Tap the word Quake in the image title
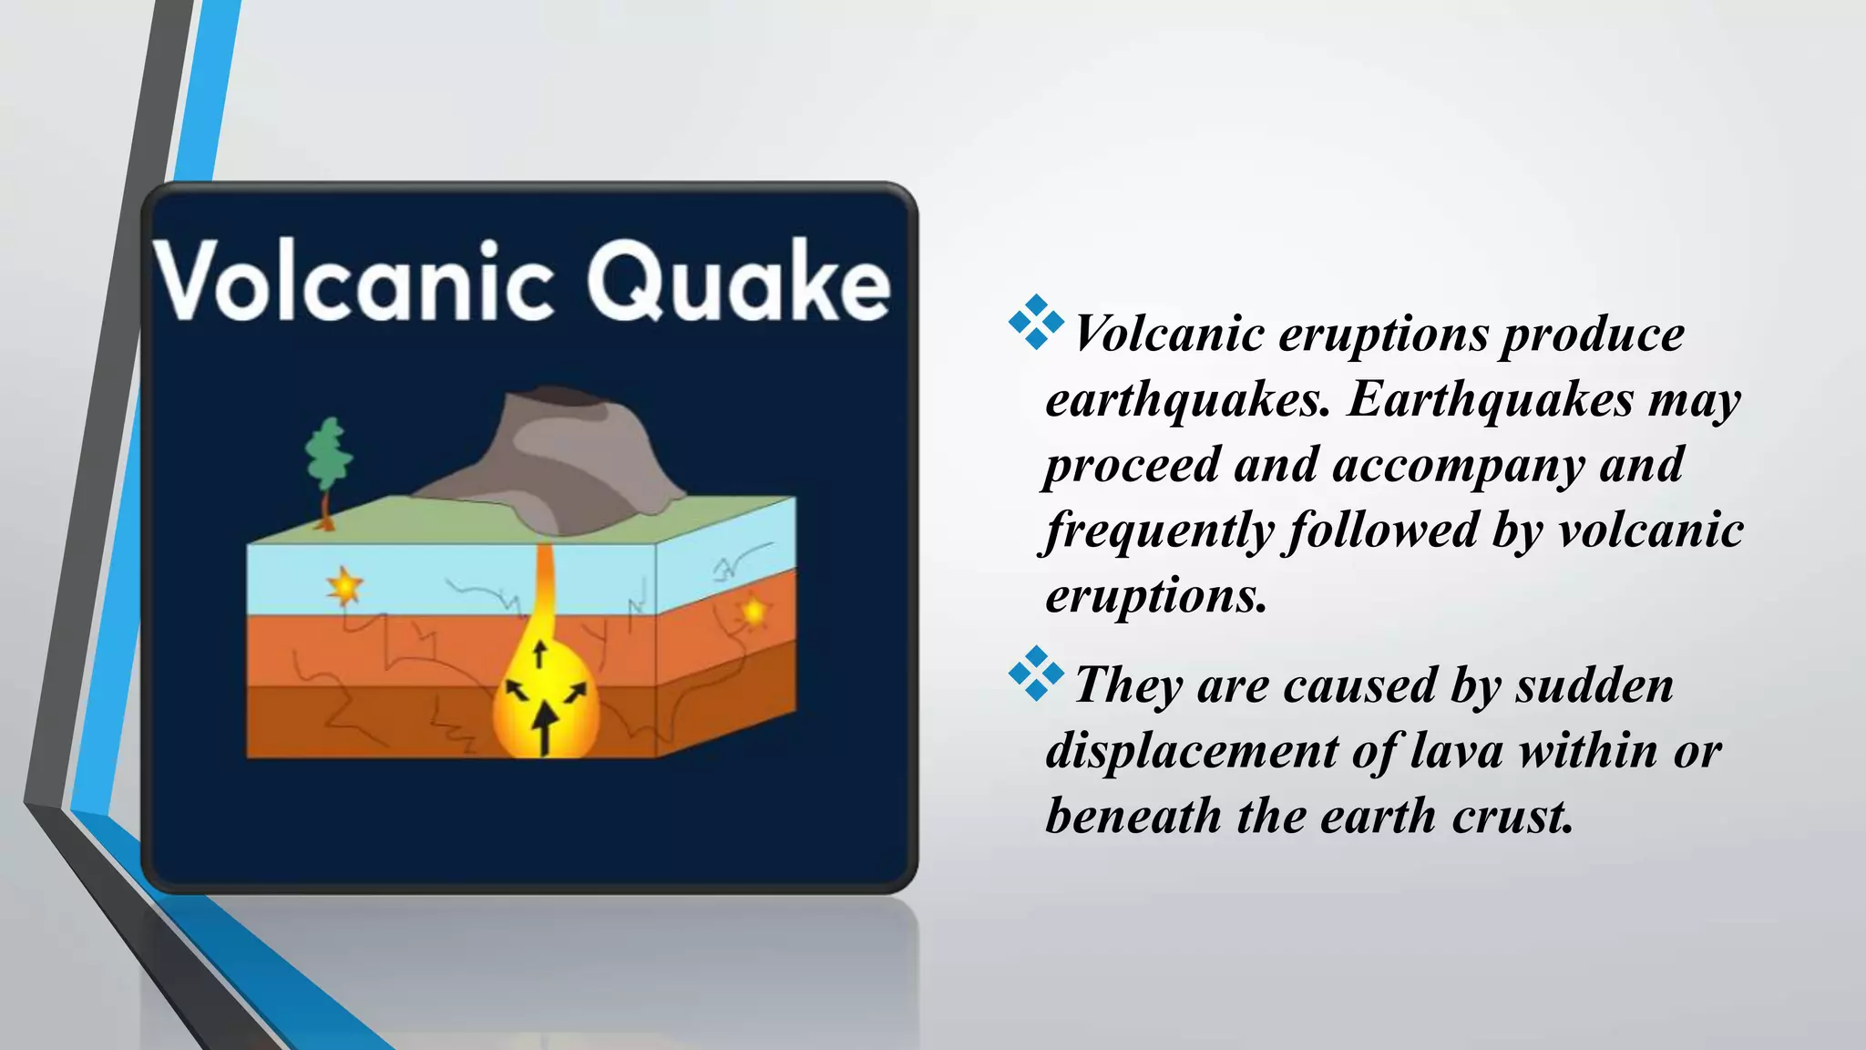(x=738, y=280)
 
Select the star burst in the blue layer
(x=344, y=586)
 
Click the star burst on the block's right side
(x=754, y=611)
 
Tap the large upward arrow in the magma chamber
(x=545, y=728)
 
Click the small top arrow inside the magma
(x=539, y=654)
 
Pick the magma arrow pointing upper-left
(x=517, y=689)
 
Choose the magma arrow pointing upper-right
(x=576, y=694)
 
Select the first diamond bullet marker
(x=1036, y=322)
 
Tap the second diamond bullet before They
(x=1036, y=674)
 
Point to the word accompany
(x=1459, y=465)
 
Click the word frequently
(x=1157, y=531)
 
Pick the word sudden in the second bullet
(x=1594, y=685)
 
